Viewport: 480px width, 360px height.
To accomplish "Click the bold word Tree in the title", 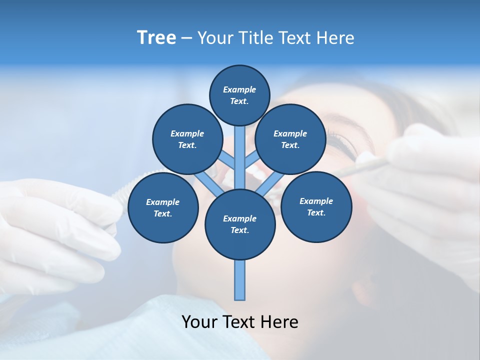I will [156, 38].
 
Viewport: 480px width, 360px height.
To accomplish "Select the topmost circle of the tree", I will [239, 95].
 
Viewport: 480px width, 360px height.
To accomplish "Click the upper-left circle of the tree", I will [187, 139].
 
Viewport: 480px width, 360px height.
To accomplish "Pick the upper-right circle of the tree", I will [290, 139].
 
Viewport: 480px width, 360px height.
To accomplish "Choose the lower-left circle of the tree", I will [163, 208].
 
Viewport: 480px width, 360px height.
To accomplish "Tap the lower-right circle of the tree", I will [316, 207].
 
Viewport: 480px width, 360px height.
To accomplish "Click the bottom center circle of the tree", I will [240, 224].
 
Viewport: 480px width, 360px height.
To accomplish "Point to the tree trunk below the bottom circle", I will [240, 280].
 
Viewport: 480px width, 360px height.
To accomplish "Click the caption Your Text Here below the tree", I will [240, 322].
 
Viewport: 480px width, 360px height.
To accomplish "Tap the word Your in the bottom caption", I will [199, 322].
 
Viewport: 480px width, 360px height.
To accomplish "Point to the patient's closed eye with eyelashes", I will [345, 145].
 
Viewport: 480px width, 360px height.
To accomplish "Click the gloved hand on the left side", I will [55, 225].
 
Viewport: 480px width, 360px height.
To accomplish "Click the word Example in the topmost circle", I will [239, 90].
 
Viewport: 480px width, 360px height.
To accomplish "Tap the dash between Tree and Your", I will [186, 38].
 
